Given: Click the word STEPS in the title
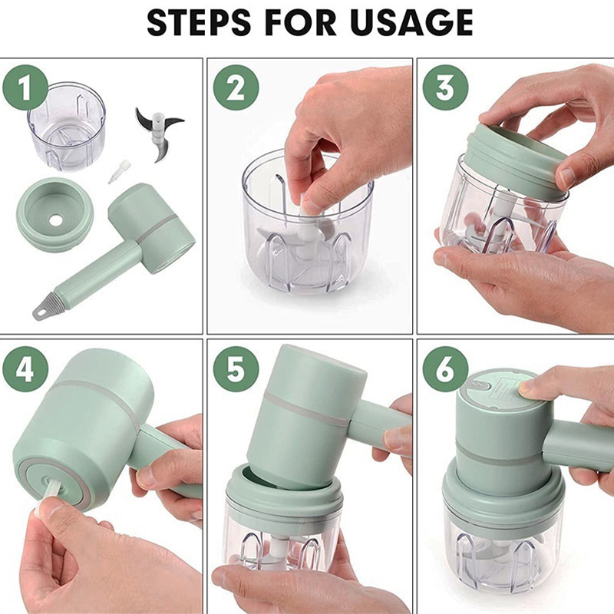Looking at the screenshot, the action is [199, 23].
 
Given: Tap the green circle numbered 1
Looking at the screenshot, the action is [25, 87].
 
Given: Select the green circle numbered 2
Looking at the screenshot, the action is [236, 87].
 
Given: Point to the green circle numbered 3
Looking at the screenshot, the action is [446, 87].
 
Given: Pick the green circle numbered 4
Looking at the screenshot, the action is [25, 369].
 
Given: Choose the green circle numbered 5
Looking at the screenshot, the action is [236, 369].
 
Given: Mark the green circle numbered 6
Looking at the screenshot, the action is [446, 369].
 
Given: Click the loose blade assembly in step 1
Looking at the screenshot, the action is [158, 133].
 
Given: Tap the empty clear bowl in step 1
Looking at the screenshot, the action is [67, 126].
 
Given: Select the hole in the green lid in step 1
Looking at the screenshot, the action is [55, 220].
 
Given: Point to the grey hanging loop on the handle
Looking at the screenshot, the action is [41, 311].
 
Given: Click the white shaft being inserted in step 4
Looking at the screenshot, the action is [50, 494].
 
